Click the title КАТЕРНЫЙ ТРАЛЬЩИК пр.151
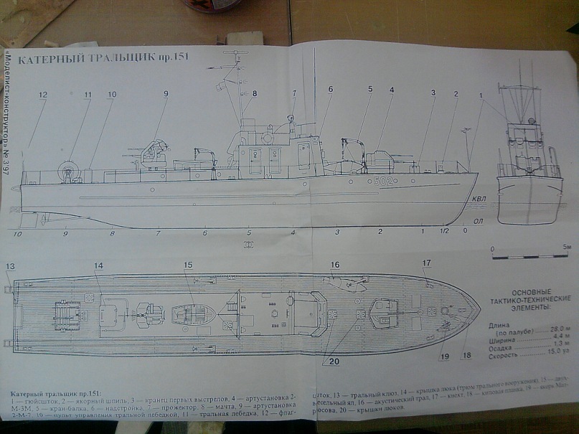pyautogui.click(x=103, y=60)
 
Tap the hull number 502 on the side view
pyautogui.click(x=383, y=181)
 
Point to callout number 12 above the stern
pyautogui.click(x=43, y=95)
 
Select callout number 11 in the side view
pyautogui.click(x=88, y=95)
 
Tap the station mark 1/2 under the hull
pyautogui.click(x=444, y=230)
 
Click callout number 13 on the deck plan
pyautogui.click(x=10, y=267)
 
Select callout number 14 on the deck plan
pyautogui.click(x=98, y=266)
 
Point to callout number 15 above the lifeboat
pyautogui.click(x=188, y=265)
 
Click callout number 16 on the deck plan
pyautogui.click(x=334, y=265)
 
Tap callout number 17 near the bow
pyautogui.click(x=427, y=263)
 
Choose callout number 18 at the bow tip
pyautogui.click(x=467, y=355)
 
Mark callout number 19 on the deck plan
pyautogui.click(x=445, y=356)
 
